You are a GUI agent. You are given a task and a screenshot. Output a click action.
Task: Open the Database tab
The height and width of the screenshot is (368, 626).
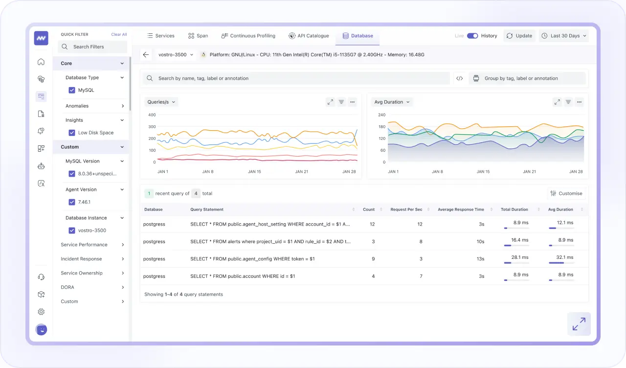[358, 36]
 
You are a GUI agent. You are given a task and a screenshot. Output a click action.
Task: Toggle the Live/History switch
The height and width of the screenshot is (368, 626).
[472, 36]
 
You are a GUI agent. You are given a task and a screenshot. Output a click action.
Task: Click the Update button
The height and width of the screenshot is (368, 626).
[519, 36]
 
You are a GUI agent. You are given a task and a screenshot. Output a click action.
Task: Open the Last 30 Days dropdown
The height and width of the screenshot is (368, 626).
[564, 36]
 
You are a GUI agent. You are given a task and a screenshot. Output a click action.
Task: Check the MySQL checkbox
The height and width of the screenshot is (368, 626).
[72, 90]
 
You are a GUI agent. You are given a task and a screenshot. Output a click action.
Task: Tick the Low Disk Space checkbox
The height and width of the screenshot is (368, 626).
[72, 133]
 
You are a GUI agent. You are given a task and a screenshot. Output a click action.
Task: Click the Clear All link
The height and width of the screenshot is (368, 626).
[119, 35]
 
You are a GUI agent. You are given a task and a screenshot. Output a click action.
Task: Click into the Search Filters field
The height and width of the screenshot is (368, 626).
[92, 47]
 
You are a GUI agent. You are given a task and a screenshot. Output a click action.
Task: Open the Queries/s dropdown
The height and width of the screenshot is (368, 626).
[161, 102]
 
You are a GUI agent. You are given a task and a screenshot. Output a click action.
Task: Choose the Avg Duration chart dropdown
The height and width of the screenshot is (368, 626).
[392, 102]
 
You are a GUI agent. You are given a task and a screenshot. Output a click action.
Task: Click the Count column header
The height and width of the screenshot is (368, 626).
[369, 209]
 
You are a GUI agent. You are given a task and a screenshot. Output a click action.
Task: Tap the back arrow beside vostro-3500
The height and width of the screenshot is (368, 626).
[146, 55]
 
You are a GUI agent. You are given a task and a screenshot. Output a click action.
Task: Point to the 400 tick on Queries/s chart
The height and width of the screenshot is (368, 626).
[152, 115]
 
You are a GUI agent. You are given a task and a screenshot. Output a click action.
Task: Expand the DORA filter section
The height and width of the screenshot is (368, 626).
[92, 287]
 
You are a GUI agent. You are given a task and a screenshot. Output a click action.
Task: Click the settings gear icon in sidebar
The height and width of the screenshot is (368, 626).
[41, 312]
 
